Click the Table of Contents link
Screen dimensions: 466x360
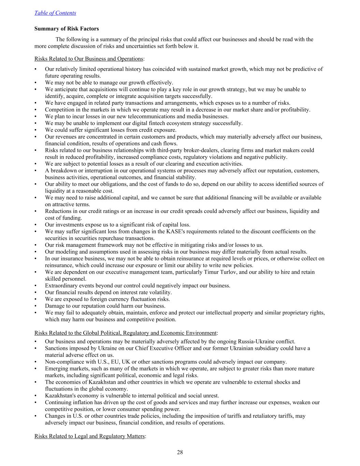(55, 13)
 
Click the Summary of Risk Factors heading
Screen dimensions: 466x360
(67, 29)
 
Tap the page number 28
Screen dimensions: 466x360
(180, 452)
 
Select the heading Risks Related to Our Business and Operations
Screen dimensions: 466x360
(89, 59)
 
